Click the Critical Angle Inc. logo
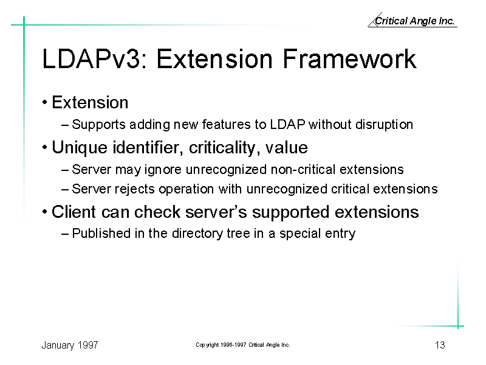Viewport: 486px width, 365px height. tap(412, 20)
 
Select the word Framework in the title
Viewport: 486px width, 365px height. tap(349, 58)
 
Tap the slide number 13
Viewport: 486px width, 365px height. tap(440, 345)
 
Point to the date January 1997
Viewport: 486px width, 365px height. tap(70, 345)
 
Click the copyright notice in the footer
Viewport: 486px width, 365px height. tap(242, 345)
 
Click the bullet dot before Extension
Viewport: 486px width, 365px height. tap(44, 102)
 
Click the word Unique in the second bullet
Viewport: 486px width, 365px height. tap(80, 148)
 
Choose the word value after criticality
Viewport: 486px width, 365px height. tap(286, 148)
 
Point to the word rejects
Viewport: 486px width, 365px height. tap(134, 189)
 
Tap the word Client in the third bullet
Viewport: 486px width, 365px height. tap(74, 212)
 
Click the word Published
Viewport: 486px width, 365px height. tap(101, 234)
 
